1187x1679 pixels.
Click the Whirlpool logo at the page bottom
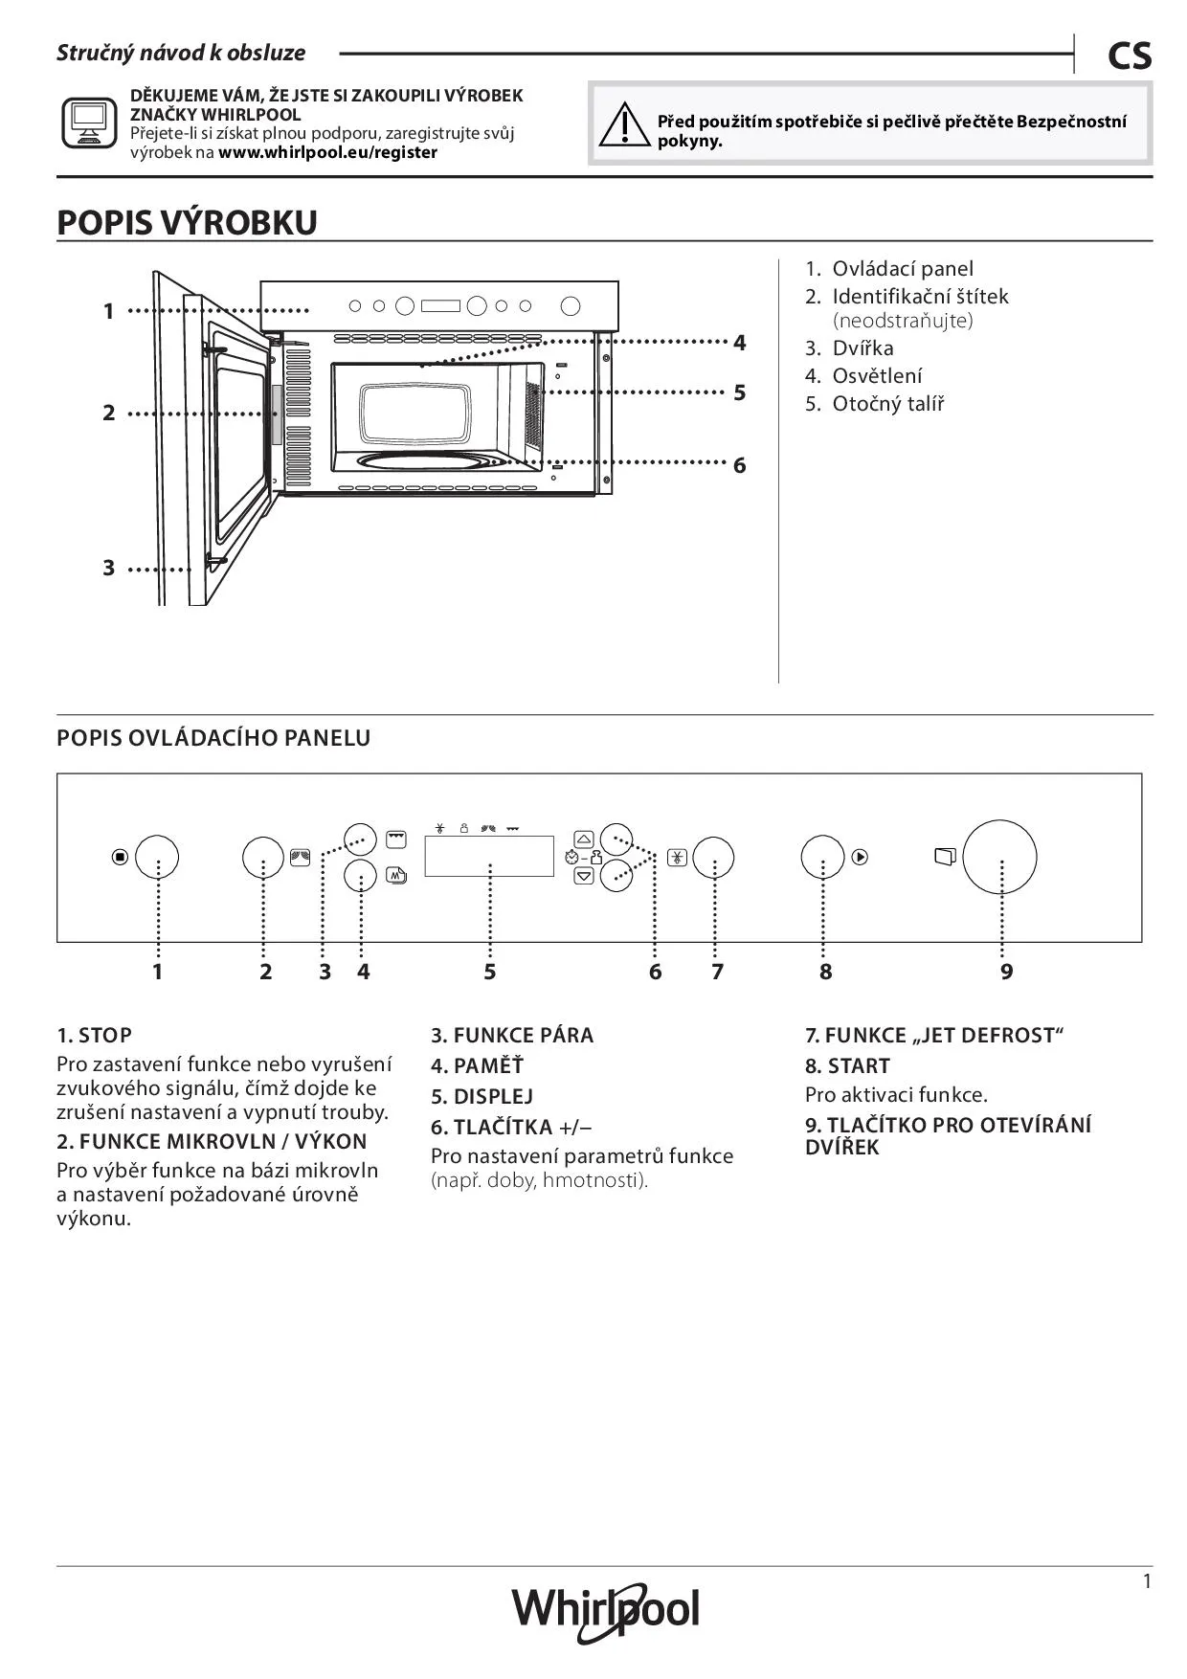point(605,1610)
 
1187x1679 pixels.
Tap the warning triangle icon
point(623,125)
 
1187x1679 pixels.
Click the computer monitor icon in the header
point(89,123)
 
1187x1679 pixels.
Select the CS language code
point(1130,56)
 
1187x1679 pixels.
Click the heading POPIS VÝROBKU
point(188,222)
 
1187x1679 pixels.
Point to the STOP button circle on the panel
point(157,857)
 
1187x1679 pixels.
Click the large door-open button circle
point(999,857)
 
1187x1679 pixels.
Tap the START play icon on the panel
point(860,857)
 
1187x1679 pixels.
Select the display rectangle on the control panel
point(489,856)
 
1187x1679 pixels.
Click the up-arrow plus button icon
point(584,839)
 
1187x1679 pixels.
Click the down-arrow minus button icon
point(584,875)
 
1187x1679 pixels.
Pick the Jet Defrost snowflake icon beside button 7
point(677,857)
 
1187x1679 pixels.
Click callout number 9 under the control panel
point(1006,972)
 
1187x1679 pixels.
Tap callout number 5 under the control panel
point(489,972)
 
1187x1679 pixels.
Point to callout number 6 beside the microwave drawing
point(739,465)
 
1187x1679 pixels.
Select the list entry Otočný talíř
point(886,404)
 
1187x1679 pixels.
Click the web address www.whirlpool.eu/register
point(327,152)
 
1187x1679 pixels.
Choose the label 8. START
point(847,1065)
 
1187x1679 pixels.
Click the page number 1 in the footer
point(1147,1581)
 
